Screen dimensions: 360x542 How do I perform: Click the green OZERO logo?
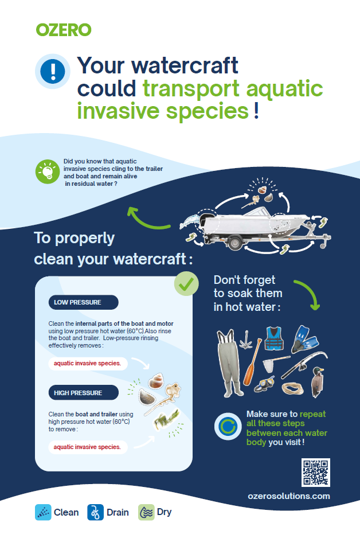[x=64, y=30]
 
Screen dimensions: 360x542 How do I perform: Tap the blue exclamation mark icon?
[x=53, y=71]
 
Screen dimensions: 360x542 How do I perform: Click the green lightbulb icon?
[x=48, y=171]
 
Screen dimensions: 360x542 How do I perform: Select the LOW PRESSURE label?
[x=83, y=302]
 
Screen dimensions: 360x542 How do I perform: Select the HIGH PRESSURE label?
[x=83, y=393]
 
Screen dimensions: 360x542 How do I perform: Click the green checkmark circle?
[x=186, y=284]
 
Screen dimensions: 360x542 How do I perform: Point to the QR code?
[x=315, y=473]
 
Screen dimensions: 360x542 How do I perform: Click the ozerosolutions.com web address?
[x=289, y=496]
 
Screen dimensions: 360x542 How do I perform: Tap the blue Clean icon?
[x=43, y=512]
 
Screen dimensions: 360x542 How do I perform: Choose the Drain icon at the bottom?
[x=95, y=512]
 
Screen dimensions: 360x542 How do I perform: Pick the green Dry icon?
[x=147, y=512]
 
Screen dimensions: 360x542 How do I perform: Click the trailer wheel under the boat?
[x=235, y=243]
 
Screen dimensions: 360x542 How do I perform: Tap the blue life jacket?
[x=274, y=338]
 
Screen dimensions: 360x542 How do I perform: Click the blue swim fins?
[x=304, y=339]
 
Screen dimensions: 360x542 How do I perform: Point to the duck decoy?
[x=318, y=382]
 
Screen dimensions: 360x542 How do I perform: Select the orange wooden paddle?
[x=252, y=362]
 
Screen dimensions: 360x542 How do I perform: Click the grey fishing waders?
[x=229, y=363]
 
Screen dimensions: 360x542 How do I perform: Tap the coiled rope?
[x=292, y=388]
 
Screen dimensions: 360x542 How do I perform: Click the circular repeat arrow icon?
[x=228, y=426]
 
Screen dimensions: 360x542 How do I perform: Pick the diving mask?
[x=264, y=384]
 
